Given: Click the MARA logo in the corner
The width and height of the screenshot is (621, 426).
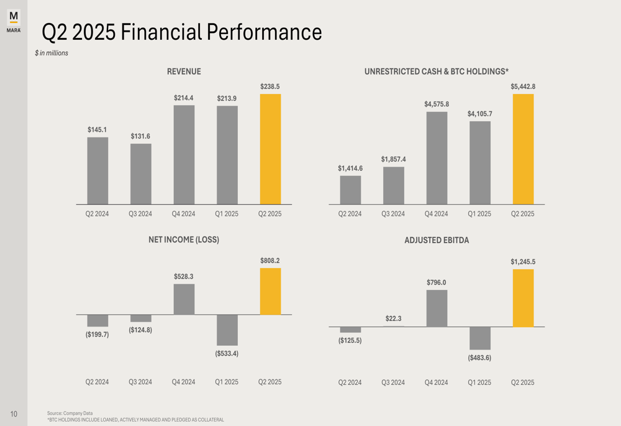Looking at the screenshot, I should coord(14,20).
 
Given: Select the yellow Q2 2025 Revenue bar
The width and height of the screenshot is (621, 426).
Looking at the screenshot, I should coord(270,149).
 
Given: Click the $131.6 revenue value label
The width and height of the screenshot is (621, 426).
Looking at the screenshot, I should coord(140,136).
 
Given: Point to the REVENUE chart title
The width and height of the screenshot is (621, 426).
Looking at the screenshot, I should coord(184,72).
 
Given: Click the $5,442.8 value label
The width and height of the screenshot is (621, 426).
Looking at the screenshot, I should coord(523,86).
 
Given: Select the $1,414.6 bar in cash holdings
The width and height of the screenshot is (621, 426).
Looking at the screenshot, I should coord(350,190).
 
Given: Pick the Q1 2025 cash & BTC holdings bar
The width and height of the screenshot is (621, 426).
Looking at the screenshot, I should coord(480,162).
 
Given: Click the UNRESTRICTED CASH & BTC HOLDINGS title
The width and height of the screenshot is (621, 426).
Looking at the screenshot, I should coord(437,72).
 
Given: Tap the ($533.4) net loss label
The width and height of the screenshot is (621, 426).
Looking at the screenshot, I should coord(227,354).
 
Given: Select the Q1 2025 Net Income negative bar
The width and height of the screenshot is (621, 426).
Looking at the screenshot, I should coord(227,330).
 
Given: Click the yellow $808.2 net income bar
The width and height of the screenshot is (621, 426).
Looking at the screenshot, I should coord(270,291).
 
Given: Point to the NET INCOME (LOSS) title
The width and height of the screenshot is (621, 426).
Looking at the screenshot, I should coord(184,239).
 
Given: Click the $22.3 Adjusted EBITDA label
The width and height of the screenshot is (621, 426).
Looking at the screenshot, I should coord(394,318).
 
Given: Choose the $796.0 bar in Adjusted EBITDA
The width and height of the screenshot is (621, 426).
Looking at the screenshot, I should coord(437,308).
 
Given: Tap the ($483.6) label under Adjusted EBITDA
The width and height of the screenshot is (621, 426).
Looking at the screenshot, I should coord(480,358).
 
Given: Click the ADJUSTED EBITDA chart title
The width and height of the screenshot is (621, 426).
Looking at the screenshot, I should coord(437,240).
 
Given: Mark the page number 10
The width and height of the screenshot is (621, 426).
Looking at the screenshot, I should coord(14,414).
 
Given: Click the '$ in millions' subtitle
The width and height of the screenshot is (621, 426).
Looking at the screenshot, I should coord(52,53).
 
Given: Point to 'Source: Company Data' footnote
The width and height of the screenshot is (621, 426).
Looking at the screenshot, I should coord(70,413).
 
